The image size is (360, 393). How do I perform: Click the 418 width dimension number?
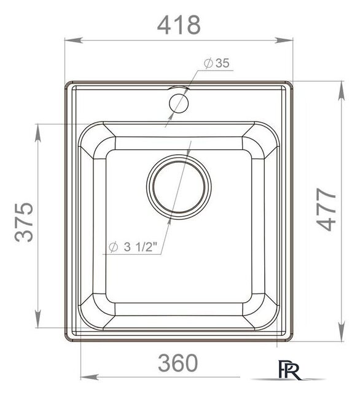click(x=179, y=25)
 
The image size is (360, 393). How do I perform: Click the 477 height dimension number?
click(x=326, y=209)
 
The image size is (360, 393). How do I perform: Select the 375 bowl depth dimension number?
click(x=24, y=222)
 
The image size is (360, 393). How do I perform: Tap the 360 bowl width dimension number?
click(x=178, y=362)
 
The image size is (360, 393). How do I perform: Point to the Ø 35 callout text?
click(x=217, y=63)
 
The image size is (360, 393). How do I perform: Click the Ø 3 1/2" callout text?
click(x=133, y=247)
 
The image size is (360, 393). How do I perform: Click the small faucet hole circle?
click(x=179, y=103)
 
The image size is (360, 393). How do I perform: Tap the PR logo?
click(x=289, y=370)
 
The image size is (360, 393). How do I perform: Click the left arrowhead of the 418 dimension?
click(x=74, y=40)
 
